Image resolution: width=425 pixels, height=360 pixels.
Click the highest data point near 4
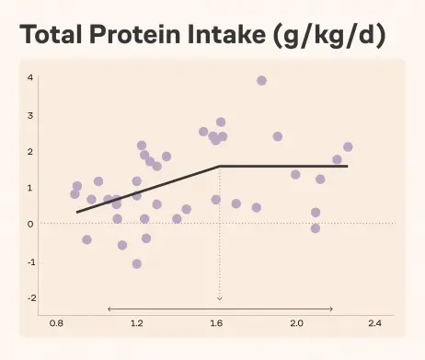click(261, 81)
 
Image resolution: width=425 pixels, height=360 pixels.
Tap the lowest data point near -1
click(137, 264)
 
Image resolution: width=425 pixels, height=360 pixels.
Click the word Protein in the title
click(134, 34)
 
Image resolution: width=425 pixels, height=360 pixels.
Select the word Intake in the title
click(226, 34)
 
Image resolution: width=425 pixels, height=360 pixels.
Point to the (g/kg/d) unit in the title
click(329, 36)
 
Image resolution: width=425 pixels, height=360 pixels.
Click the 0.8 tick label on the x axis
click(56, 323)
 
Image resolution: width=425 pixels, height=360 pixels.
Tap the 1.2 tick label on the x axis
click(137, 323)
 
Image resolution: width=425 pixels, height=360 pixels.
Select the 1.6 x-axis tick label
click(216, 323)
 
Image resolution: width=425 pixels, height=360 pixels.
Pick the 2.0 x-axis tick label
click(296, 323)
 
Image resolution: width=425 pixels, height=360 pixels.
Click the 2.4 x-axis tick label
click(375, 323)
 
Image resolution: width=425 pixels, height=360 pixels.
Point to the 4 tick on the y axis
click(30, 77)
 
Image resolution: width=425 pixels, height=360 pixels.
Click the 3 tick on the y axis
click(30, 116)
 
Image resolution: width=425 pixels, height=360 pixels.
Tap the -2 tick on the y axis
click(31, 297)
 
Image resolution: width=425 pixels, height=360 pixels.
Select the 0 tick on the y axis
click(30, 224)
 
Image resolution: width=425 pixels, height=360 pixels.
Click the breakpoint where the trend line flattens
click(220, 166)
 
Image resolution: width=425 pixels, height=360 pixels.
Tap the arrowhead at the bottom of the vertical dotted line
click(220, 298)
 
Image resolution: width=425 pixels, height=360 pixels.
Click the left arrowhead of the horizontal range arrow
click(109, 309)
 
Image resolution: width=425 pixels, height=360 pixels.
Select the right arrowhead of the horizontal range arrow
click(331, 309)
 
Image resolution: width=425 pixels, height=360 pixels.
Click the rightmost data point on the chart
click(348, 147)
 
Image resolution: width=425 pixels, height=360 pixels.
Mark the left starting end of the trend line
click(77, 212)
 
